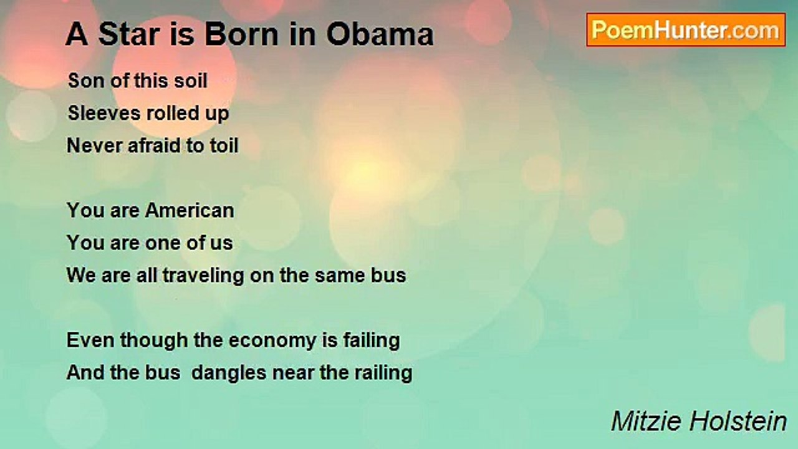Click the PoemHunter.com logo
pyautogui.click(x=686, y=30)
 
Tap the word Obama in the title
pyautogui.click(x=380, y=34)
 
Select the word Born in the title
pyautogui.click(x=243, y=34)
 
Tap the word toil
pyautogui.click(x=224, y=145)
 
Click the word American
pyautogui.click(x=190, y=210)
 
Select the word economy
pyautogui.click(x=272, y=341)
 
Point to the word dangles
pyautogui.click(x=229, y=374)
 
